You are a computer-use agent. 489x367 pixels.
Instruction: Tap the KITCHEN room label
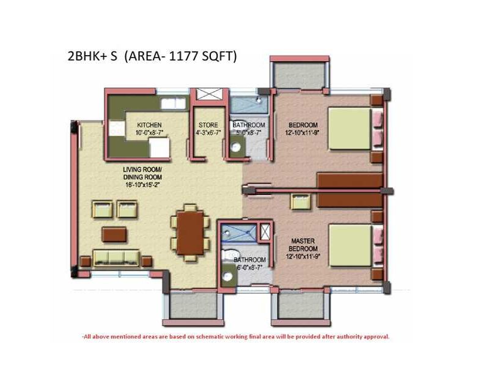point(149,124)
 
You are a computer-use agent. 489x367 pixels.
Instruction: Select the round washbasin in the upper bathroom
point(236,147)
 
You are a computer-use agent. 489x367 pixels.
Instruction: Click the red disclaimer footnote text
point(235,336)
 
